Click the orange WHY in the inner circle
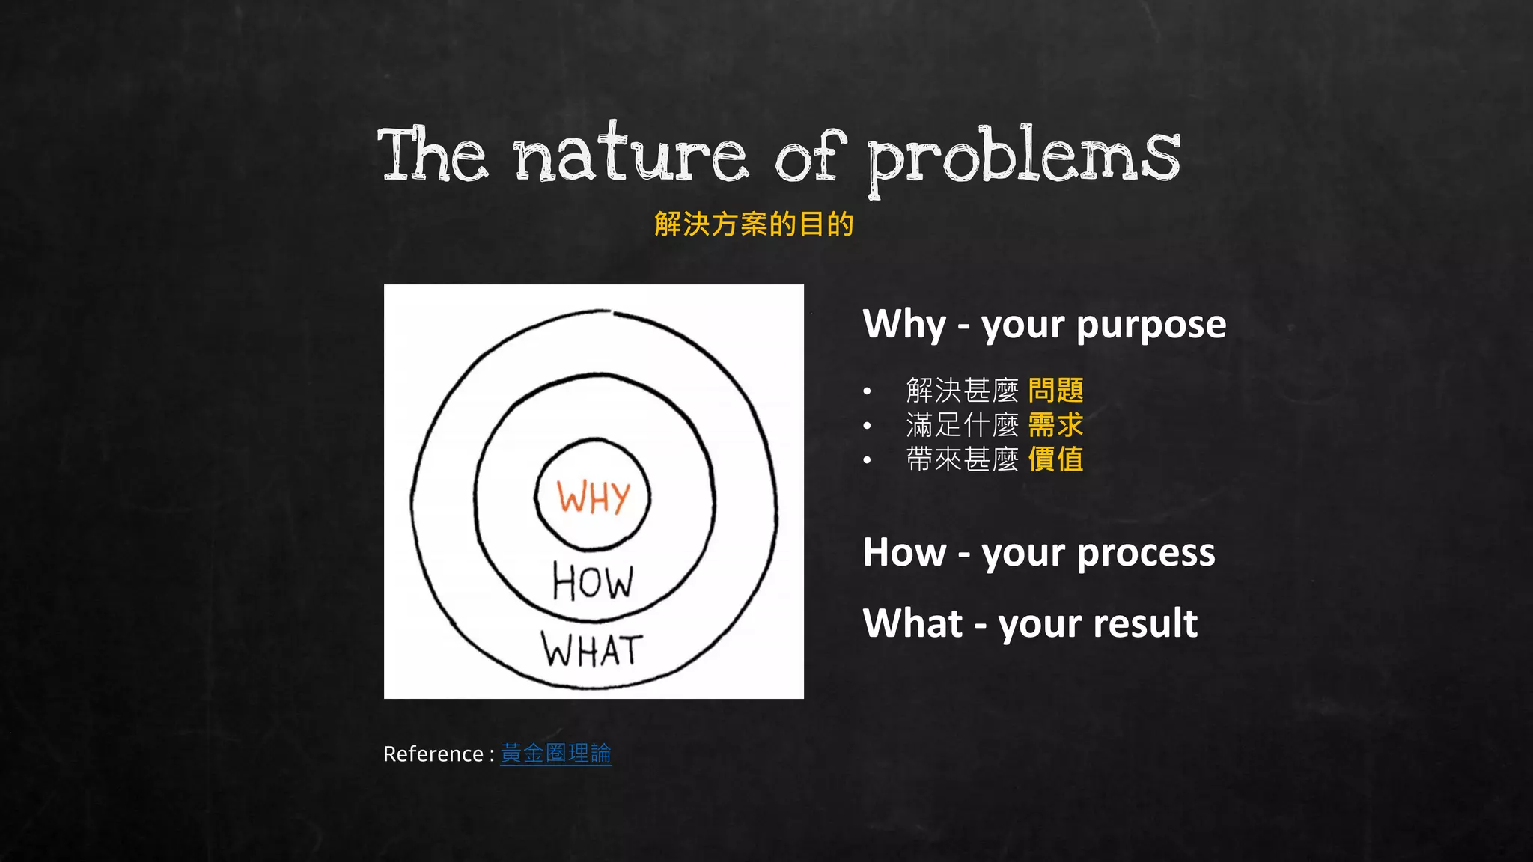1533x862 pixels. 593,498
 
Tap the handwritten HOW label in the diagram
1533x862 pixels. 593,582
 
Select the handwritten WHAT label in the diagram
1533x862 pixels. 591,650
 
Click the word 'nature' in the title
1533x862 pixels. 630,156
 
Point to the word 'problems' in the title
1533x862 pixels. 1023,157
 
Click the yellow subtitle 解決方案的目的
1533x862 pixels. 754,224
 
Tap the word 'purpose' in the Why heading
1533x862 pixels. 1150,325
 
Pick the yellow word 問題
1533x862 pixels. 1055,390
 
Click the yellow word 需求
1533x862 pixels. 1055,425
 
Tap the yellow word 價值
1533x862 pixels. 1055,459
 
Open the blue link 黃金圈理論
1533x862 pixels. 555,754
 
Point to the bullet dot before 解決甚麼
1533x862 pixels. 867,391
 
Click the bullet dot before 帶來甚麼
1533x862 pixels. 867,460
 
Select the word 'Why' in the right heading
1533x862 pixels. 904,325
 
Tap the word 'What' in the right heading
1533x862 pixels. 912,623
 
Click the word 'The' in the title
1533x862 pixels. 433,156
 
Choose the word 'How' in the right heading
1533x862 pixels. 904,553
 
